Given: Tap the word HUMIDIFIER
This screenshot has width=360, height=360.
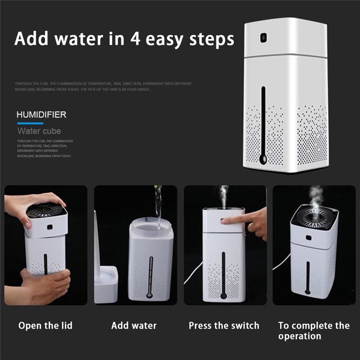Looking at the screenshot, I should coord(41,115).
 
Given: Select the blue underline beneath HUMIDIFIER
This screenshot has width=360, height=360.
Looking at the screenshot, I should coord(30,123).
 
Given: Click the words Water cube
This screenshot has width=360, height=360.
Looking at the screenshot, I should coord(39,131).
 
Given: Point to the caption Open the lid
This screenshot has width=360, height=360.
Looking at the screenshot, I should coord(45,325).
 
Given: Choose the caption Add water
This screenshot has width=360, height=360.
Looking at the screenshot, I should coord(134,325).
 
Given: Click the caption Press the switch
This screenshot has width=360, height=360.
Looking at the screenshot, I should coord(224,325).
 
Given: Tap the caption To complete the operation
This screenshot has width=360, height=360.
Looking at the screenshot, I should coord(314,330).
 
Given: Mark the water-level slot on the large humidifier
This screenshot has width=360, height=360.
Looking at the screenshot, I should coord(263,126).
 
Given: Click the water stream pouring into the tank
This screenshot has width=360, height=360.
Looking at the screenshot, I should coord(158,205).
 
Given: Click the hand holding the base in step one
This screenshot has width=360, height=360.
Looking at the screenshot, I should coord(45,283).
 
